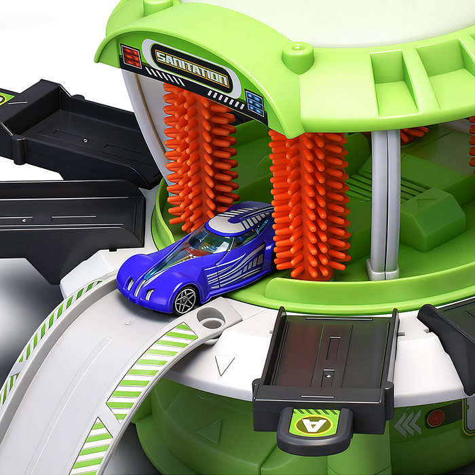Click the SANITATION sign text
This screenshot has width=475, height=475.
coord(192,68)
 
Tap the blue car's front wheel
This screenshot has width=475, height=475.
coord(185,301)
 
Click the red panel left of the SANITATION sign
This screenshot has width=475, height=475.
coord(131,56)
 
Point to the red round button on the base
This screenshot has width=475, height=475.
coord(436,418)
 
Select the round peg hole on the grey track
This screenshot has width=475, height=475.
coord(211,318)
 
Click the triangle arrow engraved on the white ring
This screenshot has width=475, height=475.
coord(224,365)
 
